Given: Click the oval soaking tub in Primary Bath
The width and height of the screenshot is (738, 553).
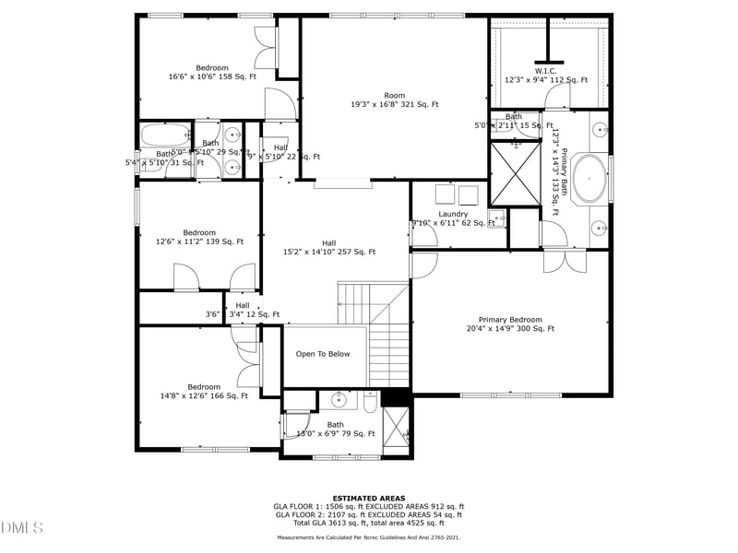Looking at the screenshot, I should (x=590, y=179).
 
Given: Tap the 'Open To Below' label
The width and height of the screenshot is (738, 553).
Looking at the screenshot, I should (x=323, y=354).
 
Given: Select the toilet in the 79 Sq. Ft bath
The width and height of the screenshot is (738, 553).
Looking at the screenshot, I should (x=369, y=402).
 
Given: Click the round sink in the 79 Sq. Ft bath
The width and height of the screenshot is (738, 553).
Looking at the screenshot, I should (x=339, y=400).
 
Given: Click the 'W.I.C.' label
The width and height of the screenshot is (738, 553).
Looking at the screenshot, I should (x=545, y=70).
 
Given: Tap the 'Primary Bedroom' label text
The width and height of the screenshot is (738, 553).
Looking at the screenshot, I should (x=511, y=319).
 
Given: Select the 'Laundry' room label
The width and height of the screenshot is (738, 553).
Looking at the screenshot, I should (x=453, y=214).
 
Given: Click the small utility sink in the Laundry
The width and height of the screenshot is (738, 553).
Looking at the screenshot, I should (x=495, y=219).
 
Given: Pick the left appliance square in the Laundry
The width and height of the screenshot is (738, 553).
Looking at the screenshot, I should (x=444, y=194).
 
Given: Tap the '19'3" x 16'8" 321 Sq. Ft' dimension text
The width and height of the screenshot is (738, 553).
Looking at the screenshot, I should (x=395, y=105).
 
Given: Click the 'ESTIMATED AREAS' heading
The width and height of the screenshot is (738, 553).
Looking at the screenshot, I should (x=369, y=499).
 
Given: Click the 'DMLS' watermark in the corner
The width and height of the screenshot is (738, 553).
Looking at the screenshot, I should (x=22, y=527).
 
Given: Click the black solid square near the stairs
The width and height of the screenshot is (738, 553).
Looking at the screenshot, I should (x=395, y=396).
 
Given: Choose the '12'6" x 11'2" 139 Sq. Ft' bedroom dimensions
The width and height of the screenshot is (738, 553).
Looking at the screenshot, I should (x=199, y=242).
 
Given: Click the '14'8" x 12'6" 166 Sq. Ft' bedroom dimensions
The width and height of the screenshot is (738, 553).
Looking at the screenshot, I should (x=204, y=396).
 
